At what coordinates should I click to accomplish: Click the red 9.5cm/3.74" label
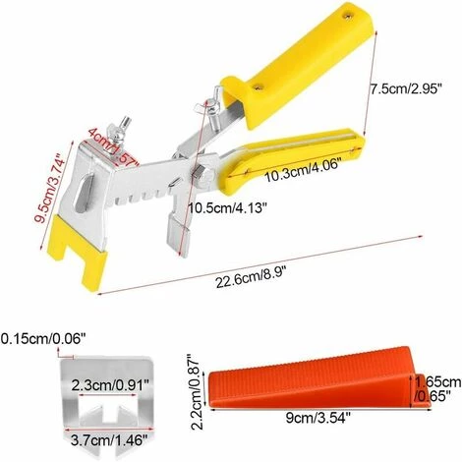[x=51, y=189]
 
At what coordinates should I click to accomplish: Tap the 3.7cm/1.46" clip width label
[x=107, y=440]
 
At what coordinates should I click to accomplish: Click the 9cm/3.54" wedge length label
[x=318, y=418]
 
